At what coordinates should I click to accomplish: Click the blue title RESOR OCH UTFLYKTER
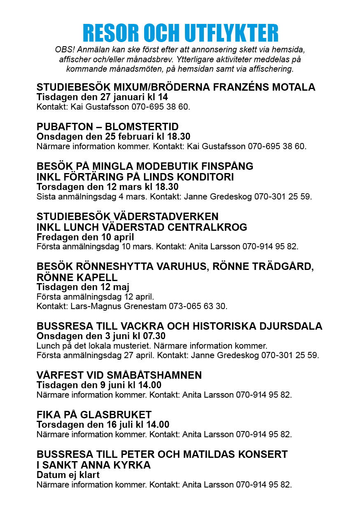tap(180, 33)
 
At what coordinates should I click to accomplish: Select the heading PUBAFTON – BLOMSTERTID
tap(108, 127)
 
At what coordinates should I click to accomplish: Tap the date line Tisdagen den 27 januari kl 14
tap(102, 97)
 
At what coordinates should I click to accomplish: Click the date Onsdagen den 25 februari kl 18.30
tap(113, 136)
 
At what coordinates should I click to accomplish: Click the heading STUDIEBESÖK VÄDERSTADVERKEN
tap(128, 217)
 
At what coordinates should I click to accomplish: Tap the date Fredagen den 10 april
tap(85, 237)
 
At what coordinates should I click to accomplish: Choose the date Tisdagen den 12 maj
tap(83, 287)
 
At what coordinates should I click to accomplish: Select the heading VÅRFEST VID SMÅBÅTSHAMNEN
tap(119, 375)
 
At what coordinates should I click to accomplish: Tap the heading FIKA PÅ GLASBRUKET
tap(94, 415)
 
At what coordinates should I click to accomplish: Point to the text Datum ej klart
tap(68, 475)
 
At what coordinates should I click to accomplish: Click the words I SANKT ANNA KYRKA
tap(94, 465)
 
